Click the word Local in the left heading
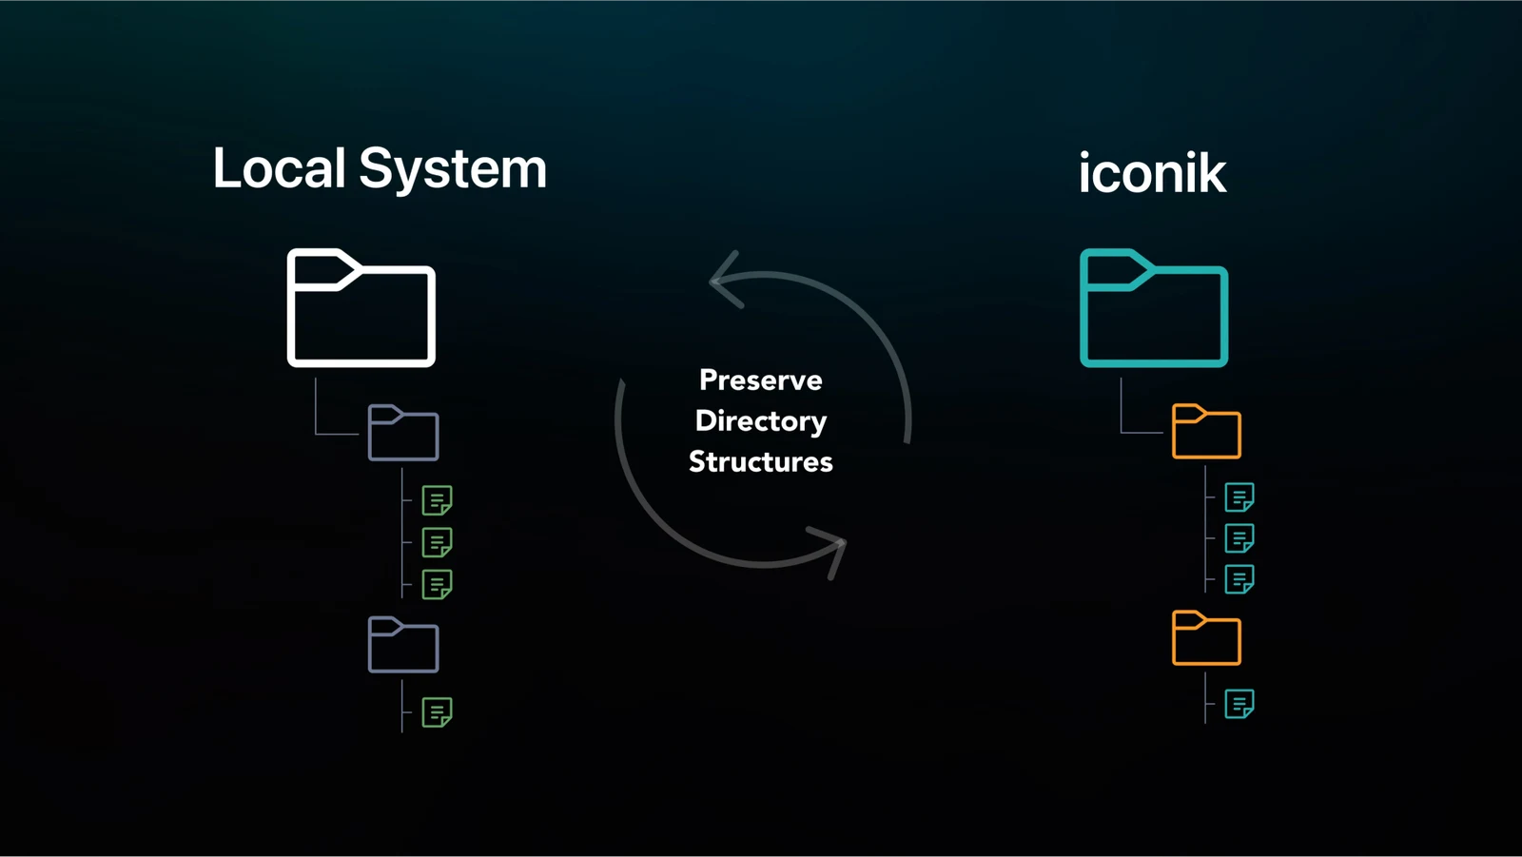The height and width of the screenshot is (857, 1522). [279, 167]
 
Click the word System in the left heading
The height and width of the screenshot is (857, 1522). [453, 170]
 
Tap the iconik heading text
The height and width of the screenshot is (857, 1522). [1152, 172]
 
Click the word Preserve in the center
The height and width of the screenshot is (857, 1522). [760, 380]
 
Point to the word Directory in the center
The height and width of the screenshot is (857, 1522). [760, 421]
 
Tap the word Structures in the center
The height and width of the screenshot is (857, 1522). [760, 462]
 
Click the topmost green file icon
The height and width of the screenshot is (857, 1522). [437, 500]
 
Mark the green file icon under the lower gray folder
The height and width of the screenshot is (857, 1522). [437, 712]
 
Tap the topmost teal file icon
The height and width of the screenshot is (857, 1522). [1239, 497]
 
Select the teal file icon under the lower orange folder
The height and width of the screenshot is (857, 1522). [1239, 704]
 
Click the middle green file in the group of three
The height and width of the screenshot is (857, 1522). [437, 542]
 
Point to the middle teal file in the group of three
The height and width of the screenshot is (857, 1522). [1239, 538]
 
